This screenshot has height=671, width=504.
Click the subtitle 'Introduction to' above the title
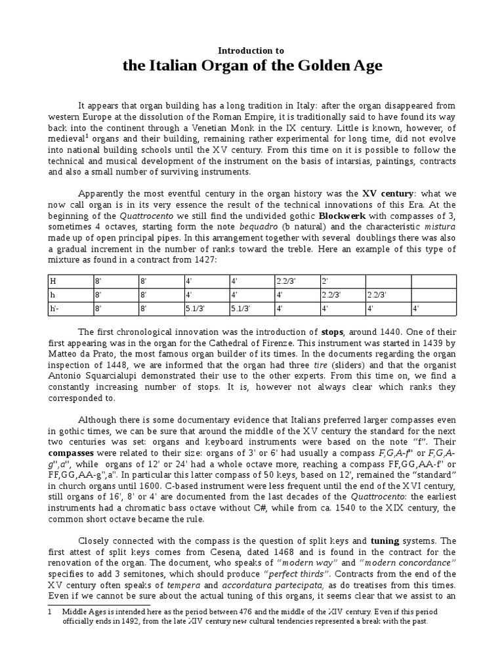(x=252, y=50)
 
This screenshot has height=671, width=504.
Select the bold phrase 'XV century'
(x=388, y=193)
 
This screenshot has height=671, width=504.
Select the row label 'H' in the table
(x=54, y=281)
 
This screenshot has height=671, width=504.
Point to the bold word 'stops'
(x=333, y=331)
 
